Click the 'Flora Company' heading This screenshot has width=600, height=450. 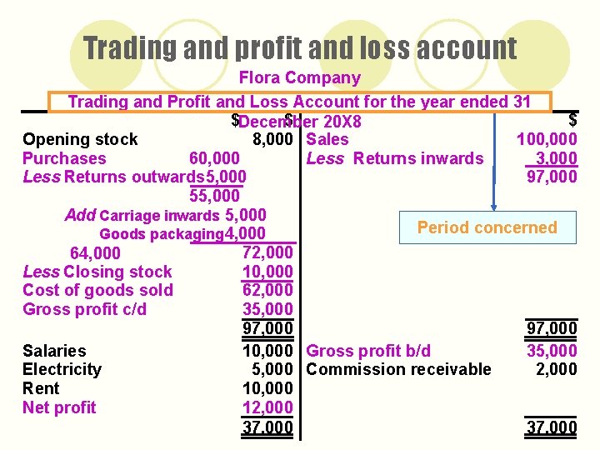300,78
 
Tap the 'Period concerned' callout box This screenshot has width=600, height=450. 487,227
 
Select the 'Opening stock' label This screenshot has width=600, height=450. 80,139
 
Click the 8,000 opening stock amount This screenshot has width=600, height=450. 271,139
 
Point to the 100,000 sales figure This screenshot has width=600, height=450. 547,139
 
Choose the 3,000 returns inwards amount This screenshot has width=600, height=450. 557,158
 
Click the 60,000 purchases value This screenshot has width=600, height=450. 215,158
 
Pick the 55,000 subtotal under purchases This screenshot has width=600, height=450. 215,196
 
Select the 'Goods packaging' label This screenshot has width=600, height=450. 161,234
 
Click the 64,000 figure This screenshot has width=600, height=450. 95,253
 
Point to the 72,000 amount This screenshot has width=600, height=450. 267,252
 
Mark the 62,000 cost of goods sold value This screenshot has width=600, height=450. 267,290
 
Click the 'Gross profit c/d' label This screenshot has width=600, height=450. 84,309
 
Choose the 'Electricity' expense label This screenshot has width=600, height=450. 62,369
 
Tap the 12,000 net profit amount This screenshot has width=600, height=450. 267,407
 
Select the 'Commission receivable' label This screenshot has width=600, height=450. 398,369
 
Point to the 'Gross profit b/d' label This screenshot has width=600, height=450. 368,351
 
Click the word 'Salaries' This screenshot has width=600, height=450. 54,351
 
